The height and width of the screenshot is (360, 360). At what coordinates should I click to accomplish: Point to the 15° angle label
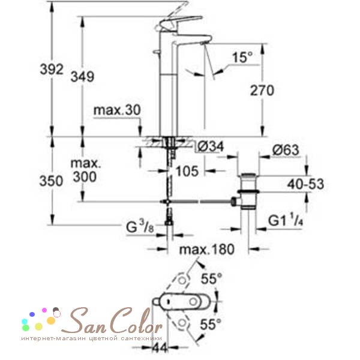coord(242,58)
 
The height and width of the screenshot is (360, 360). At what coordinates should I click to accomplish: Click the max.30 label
coord(115,110)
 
